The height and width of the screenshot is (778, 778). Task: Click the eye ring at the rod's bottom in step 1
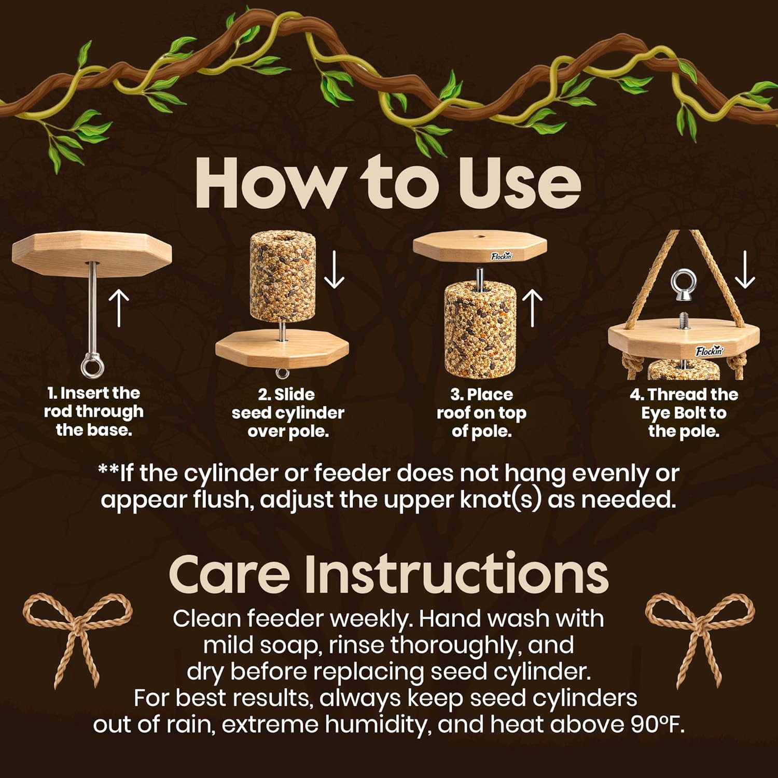pos(92,367)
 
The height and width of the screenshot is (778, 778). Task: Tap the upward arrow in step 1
pos(120,308)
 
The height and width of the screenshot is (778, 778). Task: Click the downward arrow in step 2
pos(334,270)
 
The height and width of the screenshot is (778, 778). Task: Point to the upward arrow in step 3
pos(532,308)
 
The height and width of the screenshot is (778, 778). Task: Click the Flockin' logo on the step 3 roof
pos(502,256)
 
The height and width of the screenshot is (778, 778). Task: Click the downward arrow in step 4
pos(745,270)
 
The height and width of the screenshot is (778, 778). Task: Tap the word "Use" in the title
pos(519,184)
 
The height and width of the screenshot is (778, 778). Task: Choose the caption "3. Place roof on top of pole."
pos(481,413)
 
